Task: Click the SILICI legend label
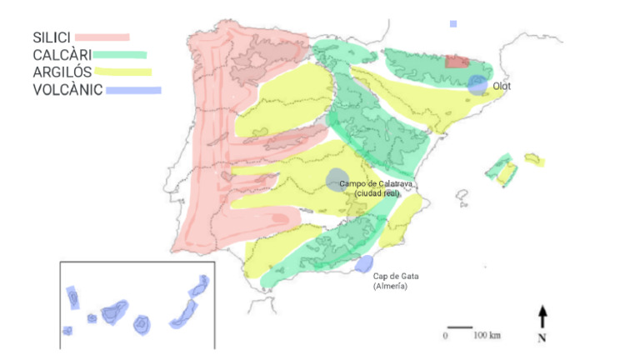(52, 37)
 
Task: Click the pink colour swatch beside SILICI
(102, 37)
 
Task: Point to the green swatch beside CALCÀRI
(120, 55)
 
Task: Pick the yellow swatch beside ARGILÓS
(122, 72)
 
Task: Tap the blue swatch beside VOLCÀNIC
(133, 89)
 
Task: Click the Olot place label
(502, 85)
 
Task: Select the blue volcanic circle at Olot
(477, 84)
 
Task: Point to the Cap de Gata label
(392, 277)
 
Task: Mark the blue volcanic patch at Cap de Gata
(364, 264)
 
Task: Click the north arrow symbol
(542, 316)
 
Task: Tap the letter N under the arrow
(542, 337)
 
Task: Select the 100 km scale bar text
(487, 336)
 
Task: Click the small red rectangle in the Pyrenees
(457, 61)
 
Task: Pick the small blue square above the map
(453, 24)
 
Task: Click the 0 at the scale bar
(446, 336)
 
